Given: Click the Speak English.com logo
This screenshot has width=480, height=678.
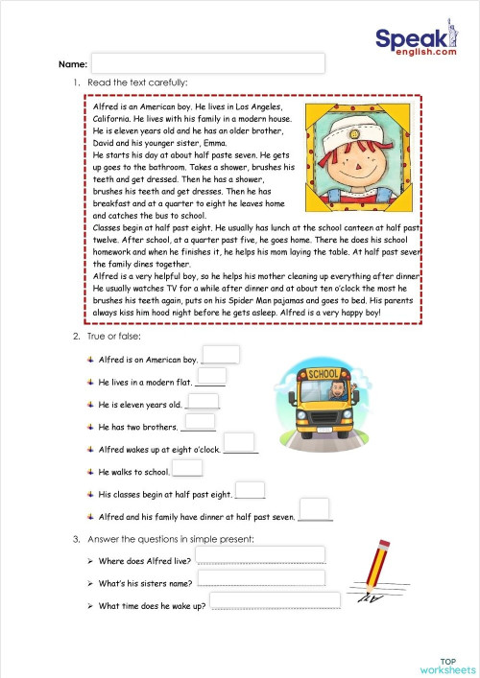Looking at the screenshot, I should pos(415,42).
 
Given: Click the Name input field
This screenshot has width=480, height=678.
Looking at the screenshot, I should pos(208,63).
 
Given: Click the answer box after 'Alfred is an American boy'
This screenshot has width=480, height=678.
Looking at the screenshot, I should pos(221,355).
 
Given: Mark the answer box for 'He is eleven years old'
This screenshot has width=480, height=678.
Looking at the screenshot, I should pos(204,401).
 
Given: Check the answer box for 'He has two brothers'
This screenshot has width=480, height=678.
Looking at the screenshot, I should pos(201,422).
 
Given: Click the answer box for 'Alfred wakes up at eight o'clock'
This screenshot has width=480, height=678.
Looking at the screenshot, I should pos(241,444).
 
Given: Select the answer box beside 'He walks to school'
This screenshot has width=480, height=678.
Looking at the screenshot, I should pos(188,468).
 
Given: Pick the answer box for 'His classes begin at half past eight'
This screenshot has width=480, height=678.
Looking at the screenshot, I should pos(251,490).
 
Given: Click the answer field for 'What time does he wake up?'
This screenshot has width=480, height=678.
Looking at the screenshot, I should pos(275,600).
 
